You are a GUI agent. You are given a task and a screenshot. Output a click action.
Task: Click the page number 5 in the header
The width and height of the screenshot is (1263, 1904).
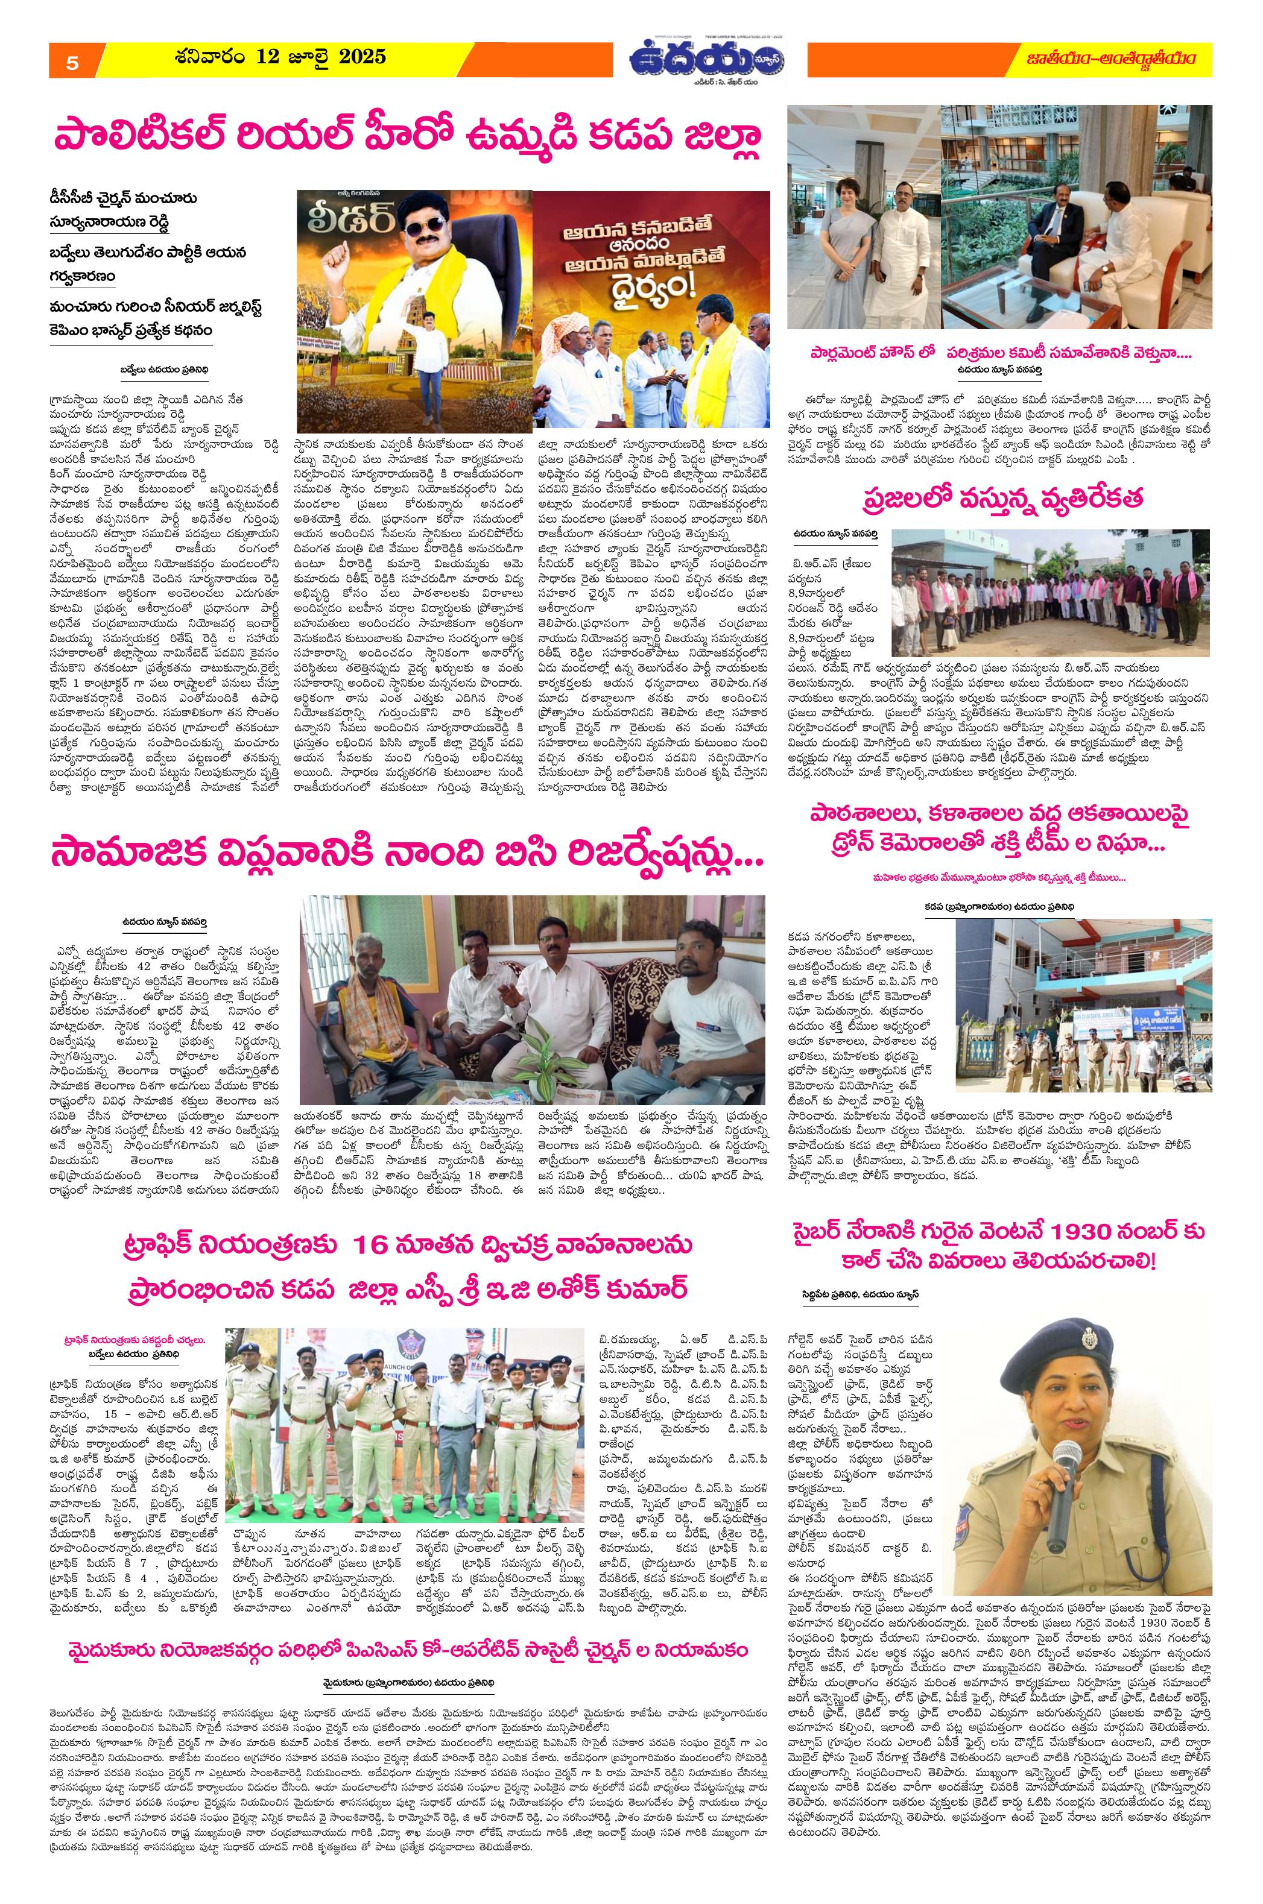pyautogui.click(x=72, y=65)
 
